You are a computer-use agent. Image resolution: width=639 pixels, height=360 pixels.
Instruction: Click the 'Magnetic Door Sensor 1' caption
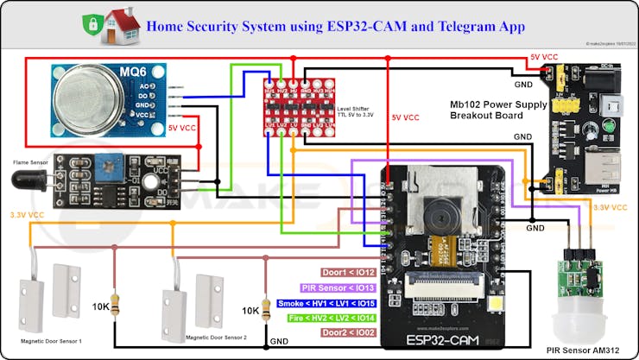52,341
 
